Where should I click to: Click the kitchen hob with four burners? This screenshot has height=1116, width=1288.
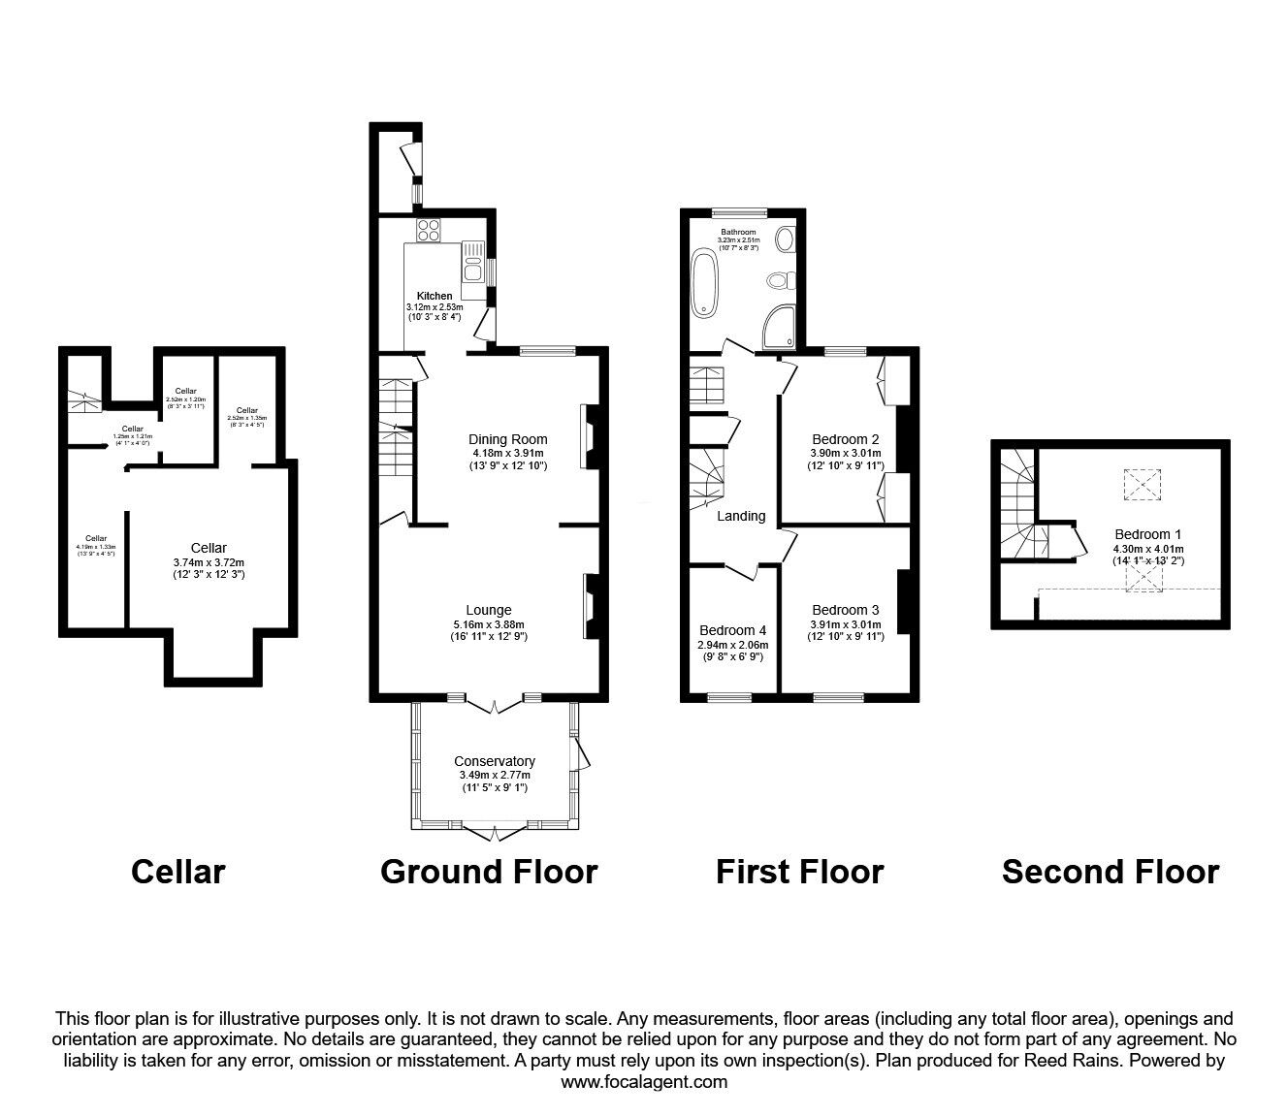pyautogui.click(x=429, y=231)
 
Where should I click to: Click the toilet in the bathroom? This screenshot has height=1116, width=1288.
pyautogui.click(x=778, y=281)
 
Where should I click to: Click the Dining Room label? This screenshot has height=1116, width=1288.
pyautogui.click(x=509, y=439)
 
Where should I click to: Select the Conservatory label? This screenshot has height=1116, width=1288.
pyautogui.click(x=495, y=761)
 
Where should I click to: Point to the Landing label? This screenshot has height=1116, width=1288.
pyautogui.click(x=741, y=516)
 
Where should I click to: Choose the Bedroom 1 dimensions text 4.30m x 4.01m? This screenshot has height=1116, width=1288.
pyautogui.click(x=1148, y=548)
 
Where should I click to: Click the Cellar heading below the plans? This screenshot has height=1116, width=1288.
pyautogui.click(x=177, y=872)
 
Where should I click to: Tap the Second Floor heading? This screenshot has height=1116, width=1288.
pyautogui.click(x=1110, y=872)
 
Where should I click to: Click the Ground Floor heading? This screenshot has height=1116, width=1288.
pyautogui.click(x=489, y=872)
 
